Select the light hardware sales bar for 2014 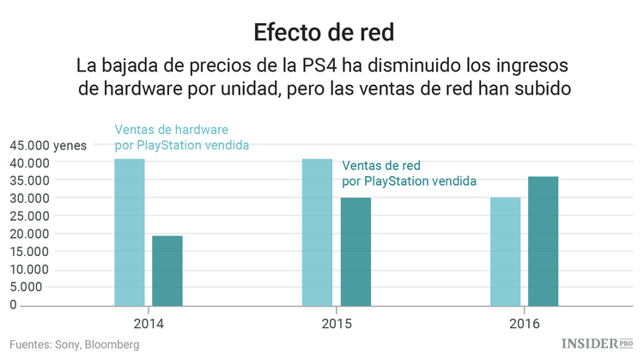click(130, 232)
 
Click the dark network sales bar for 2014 click(167, 270)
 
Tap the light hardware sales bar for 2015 click(318, 232)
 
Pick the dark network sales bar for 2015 click(355, 251)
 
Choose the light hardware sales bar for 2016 click(505, 251)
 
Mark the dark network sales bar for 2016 click(543, 241)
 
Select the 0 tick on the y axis click(13, 305)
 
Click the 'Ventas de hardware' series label click(172, 130)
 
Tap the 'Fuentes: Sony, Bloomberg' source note click(75, 345)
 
